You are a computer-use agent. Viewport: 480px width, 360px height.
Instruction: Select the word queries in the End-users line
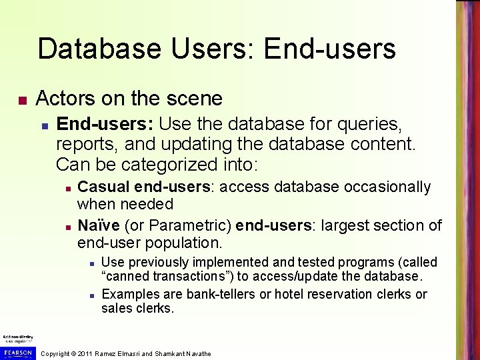click(377, 124)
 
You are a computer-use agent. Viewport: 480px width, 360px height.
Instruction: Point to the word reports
click(83, 143)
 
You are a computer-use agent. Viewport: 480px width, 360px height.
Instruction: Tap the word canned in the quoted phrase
click(127, 277)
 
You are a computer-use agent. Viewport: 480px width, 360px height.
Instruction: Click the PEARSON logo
click(17, 351)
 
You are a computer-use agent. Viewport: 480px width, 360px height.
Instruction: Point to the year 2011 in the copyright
click(85, 353)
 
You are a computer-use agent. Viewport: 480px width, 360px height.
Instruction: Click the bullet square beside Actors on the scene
click(22, 101)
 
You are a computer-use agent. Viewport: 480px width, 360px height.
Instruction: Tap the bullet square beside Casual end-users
click(68, 189)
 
